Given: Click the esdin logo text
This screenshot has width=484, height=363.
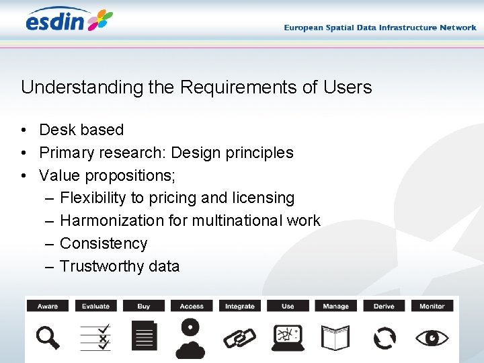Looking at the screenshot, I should point(55,21).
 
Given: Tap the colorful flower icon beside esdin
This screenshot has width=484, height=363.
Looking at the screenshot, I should point(99,20).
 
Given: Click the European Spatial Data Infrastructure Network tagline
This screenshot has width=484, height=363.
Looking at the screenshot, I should point(380,28).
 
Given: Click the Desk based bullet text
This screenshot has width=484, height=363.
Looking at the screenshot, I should point(81,130).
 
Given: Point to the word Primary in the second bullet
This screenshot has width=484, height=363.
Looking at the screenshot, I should point(67,153).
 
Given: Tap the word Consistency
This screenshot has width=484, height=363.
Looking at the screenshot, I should point(104,243).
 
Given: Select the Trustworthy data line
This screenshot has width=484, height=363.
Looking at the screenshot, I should point(120,266).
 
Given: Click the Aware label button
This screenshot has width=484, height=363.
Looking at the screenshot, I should point(48,306).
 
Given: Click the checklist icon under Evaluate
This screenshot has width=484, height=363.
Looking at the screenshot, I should point(95,337).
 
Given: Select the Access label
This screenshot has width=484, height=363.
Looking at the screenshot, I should point(192,306).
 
